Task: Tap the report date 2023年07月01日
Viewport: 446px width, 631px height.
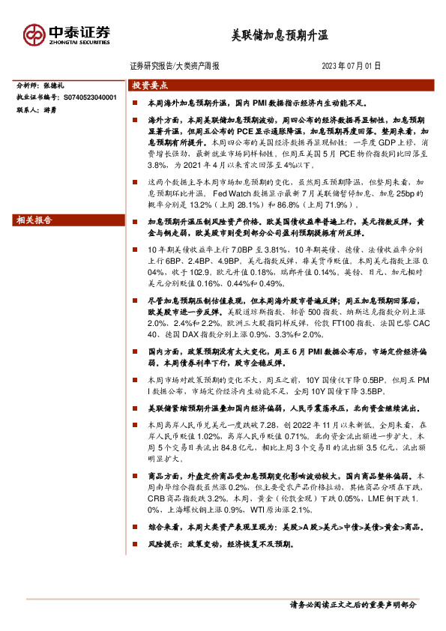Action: [x=352, y=66]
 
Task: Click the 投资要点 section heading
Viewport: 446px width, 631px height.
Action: [x=150, y=85]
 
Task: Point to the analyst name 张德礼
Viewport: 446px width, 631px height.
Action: [x=64, y=85]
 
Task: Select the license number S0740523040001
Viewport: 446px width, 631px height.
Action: [x=90, y=97]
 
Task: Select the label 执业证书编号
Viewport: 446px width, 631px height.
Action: [x=37, y=97]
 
